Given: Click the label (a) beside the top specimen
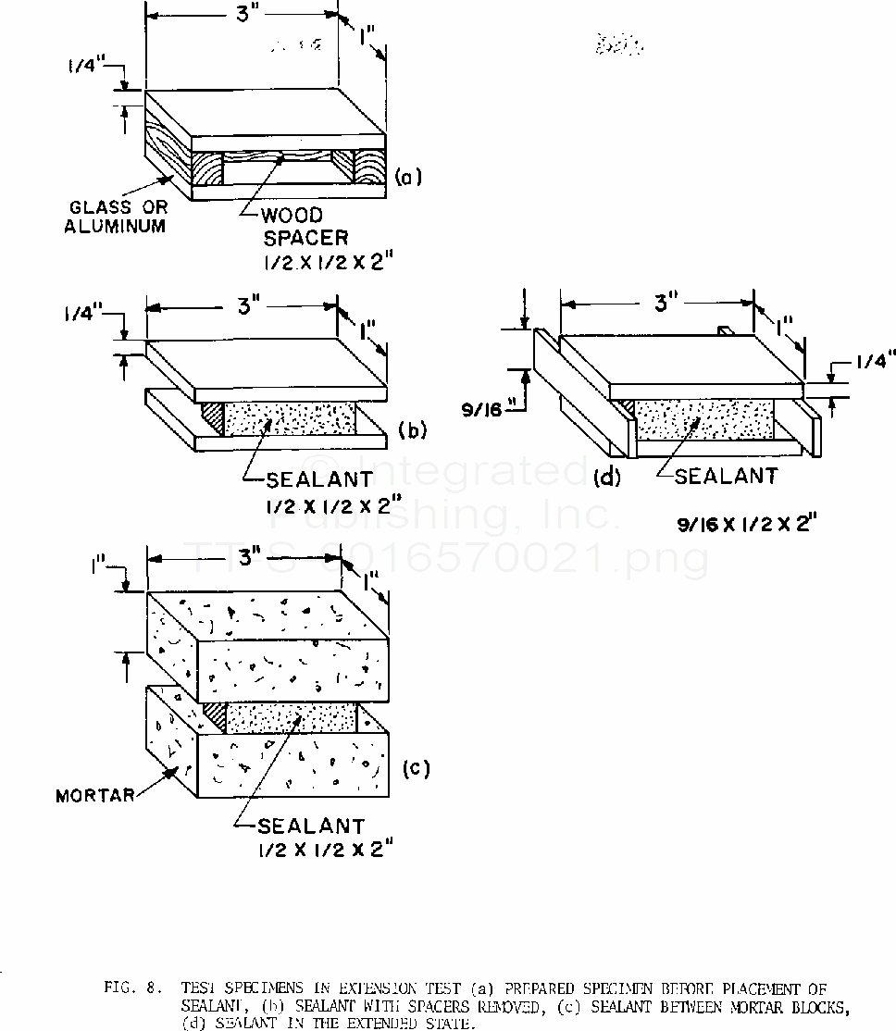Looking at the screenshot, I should [408, 177].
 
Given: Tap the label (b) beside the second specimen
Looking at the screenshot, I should [410, 429].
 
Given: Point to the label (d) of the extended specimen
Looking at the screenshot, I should [606, 478].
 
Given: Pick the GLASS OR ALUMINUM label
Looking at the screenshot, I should [118, 217].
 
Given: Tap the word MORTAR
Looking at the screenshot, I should [95, 795].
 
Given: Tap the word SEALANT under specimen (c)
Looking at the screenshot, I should [311, 825].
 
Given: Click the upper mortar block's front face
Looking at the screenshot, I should [292, 665].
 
